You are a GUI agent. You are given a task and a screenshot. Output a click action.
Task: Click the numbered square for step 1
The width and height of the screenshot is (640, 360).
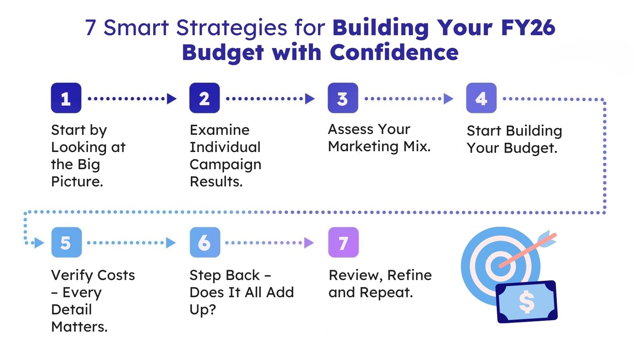pyautogui.click(x=66, y=98)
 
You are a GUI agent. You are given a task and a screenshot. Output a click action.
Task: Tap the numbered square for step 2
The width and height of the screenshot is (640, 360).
pyautogui.click(x=204, y=98)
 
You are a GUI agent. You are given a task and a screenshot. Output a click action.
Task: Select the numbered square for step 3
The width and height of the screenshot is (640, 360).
pyautogui.click(x=343, y=98)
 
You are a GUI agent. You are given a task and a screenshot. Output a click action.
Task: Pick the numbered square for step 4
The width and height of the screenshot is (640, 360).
pyautogui.click(x=482, y=98)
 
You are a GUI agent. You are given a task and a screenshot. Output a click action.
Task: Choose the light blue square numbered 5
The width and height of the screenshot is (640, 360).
pyautogui.click(x=66, y=242)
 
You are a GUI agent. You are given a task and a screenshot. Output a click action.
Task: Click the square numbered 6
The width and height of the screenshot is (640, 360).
pyautogui.click(x=205, y=242)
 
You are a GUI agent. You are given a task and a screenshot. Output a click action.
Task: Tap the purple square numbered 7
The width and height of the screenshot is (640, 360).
pyautogui.click(x=344, y=242)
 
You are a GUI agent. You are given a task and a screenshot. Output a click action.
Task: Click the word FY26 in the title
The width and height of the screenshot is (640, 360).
pyautogui.click(x=528, y=28)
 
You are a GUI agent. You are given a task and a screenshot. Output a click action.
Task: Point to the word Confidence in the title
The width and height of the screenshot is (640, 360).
pyautogui.click(x=394, y=52)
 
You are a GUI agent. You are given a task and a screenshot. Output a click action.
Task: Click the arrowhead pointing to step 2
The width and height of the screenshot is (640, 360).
pyautogui.click(x=172, y=98)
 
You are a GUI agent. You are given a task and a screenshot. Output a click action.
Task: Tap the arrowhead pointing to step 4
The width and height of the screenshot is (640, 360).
pyautogui.click(x=448, y=98)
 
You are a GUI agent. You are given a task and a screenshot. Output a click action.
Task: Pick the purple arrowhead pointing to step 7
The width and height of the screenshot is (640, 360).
pyautogui.click(x=309, y=243)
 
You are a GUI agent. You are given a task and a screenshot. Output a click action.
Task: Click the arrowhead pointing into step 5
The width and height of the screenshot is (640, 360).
pyautogui.click(x=39, y=243)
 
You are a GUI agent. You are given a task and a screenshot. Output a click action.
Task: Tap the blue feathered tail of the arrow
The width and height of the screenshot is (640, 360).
pyautogui.click(x=547, y=239)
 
